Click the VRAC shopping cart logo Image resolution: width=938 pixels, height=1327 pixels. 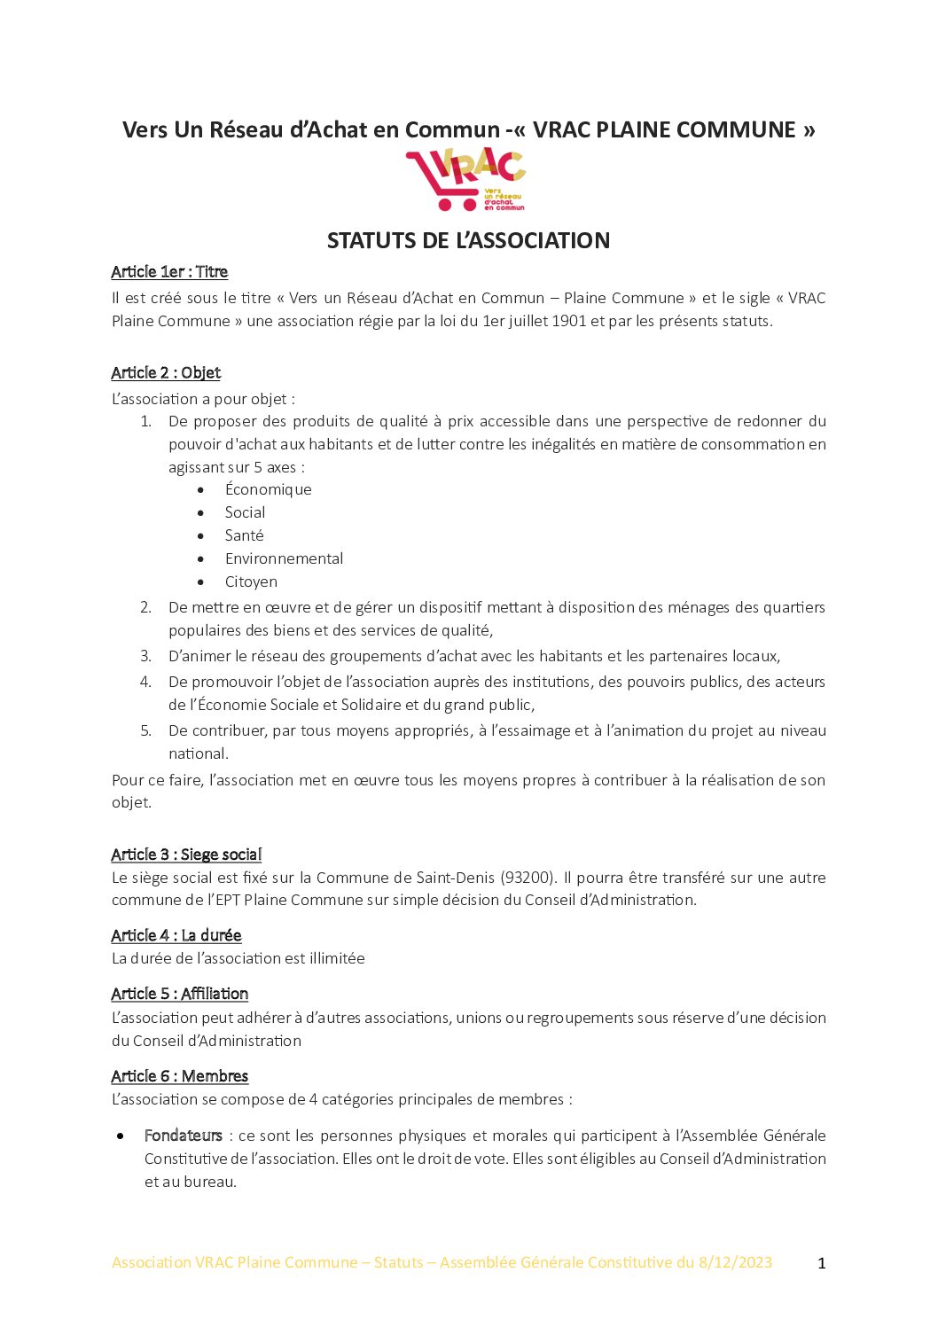point(465,180)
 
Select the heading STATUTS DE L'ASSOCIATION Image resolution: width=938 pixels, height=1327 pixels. point(468,240)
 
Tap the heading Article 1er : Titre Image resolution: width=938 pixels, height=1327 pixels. point(169,272)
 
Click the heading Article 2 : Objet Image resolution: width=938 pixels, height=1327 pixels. point(166,373)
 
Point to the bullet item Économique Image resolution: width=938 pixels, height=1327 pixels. point(268,489)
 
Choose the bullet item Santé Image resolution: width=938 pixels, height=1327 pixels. point(244,535)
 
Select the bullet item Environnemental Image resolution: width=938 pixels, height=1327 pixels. point(284,558)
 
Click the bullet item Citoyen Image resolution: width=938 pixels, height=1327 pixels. point(251,582)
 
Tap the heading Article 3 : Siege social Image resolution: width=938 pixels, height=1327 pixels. point(186,855)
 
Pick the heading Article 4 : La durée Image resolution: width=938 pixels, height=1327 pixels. point(176,936)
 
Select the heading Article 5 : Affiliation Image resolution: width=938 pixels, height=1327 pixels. point(180,995)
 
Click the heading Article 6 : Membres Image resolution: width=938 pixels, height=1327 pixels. point(180,1076)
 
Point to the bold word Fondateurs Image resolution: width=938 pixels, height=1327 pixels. point(184,1136)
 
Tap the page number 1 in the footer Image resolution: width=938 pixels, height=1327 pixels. point(821,1263)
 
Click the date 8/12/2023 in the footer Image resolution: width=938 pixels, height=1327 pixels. point(735,1262)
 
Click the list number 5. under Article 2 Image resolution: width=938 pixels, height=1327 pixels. point(146,730)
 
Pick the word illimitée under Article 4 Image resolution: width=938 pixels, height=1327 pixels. point(335,958)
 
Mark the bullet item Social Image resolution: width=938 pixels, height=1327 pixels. point(245,512)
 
